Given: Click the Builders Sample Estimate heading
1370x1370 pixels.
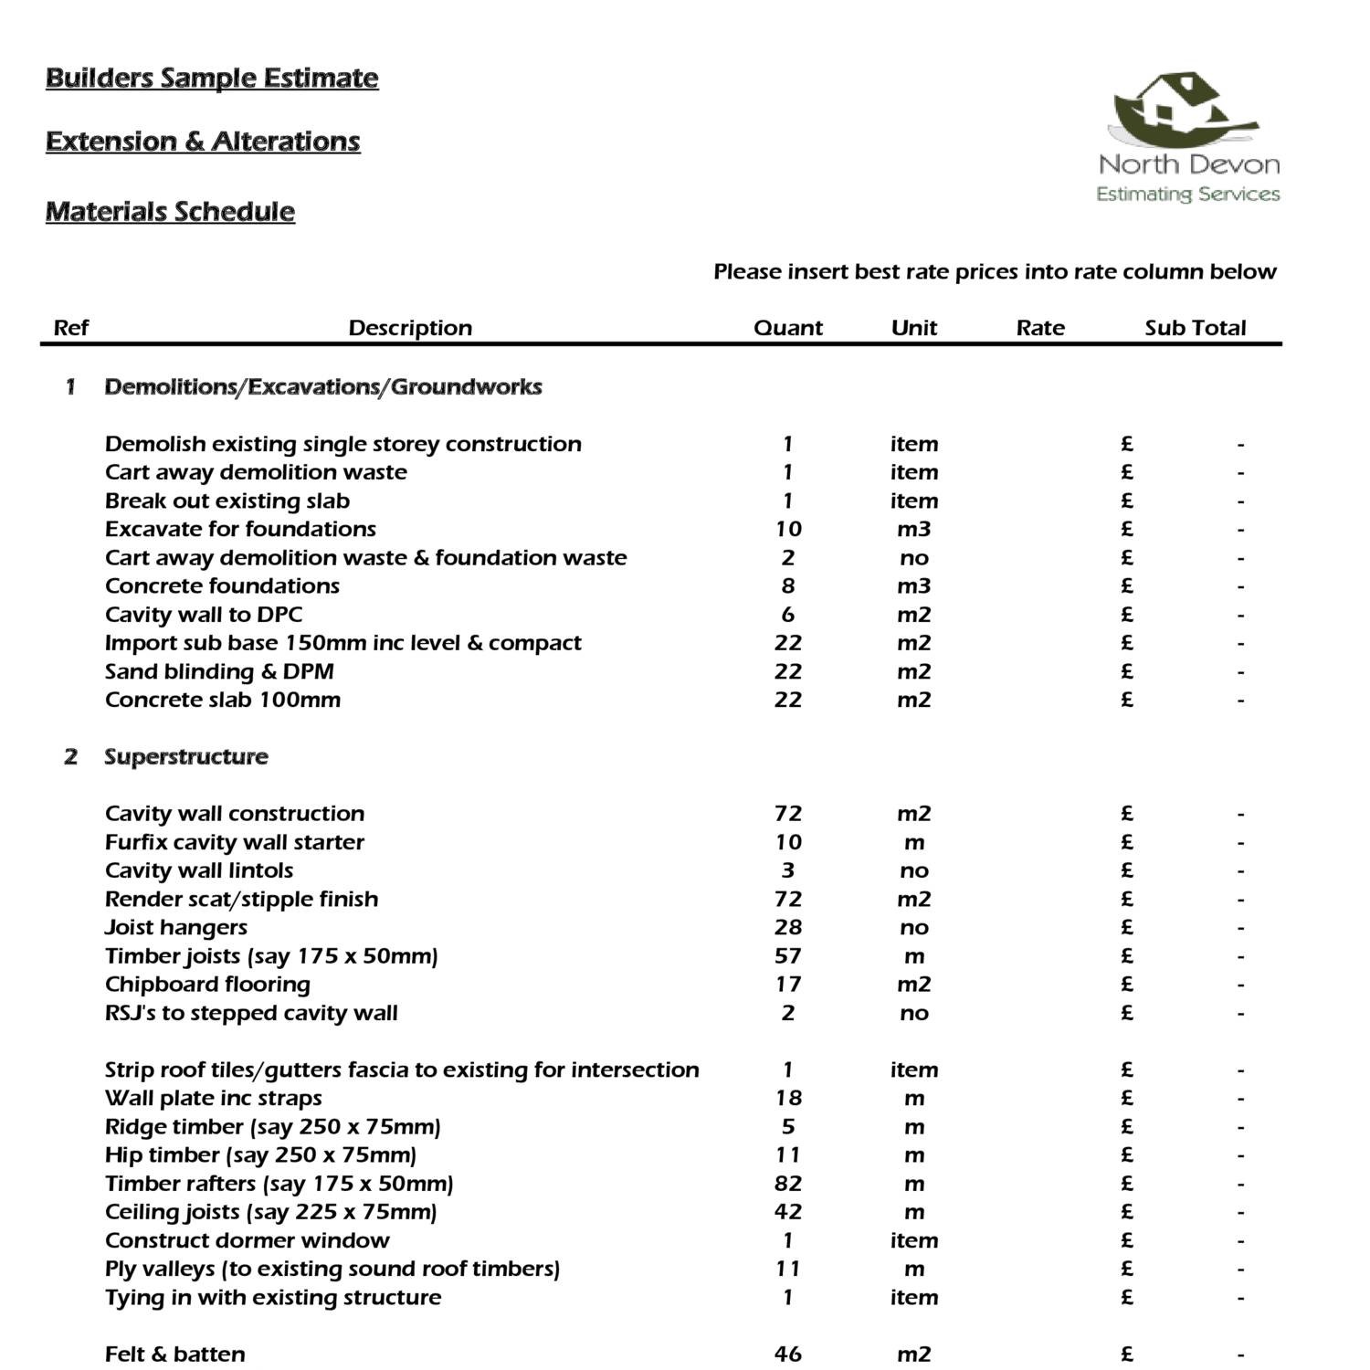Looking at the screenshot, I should point(212,78).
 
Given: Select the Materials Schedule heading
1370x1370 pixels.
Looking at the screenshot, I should point(170,212).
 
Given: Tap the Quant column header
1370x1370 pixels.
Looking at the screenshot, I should point(787,328).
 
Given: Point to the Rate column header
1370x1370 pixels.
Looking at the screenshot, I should point(1040,328).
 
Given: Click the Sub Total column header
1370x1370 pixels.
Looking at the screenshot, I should point(1195,328).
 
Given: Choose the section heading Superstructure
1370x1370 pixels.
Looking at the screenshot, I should point(185,756).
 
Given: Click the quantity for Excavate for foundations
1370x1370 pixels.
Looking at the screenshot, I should point(787,529).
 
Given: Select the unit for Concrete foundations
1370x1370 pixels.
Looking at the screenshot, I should point(913,585).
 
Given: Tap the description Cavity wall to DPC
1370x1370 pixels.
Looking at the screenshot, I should point(204,615).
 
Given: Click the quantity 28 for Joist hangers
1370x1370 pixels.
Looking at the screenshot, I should point(787,927).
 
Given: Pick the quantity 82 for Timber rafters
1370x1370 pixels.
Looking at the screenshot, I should point(787,1184).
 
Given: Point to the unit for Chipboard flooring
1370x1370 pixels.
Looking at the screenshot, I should point(913,985).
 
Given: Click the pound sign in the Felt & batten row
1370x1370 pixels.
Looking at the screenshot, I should point(1127,1354).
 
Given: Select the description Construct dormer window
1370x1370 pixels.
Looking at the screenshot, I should point(247,1240).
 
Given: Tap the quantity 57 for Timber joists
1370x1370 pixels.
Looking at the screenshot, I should point(787,956).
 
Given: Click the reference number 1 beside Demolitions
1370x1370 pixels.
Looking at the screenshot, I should point(70,386).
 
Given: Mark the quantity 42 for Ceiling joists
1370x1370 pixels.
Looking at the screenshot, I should point(787,1212).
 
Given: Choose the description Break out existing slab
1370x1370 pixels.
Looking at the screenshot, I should point(227,501).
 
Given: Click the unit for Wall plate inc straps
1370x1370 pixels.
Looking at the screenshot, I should point(913,1098).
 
